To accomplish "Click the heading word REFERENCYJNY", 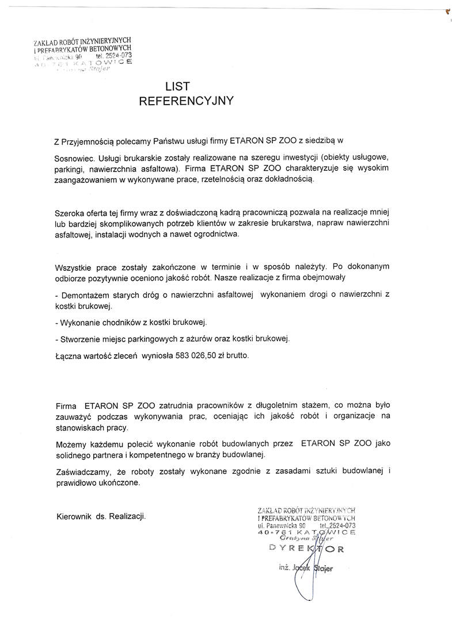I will (x=186, y=101).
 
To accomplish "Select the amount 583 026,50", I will (x=196, y=356).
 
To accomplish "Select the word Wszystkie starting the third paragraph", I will (x=76, y=266).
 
